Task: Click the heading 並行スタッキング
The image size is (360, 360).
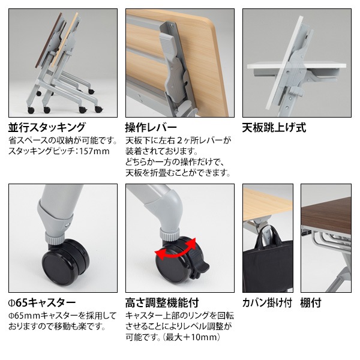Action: click(46, 127)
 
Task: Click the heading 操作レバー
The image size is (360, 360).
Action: click(151, 127)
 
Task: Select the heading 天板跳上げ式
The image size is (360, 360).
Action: click(274, 127)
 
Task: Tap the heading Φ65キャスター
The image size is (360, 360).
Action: click(42, 302)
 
